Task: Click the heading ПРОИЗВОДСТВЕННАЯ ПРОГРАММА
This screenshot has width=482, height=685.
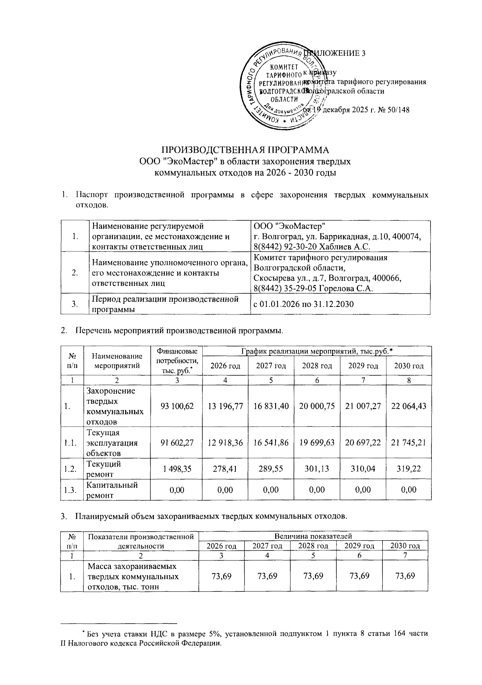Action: click(x=245, y=150)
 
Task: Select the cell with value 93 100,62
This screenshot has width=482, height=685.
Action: click(x=177, y=406)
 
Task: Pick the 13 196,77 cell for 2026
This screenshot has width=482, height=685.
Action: click(x=225, y=406)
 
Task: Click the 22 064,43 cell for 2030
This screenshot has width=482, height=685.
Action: click(x=408, y=406)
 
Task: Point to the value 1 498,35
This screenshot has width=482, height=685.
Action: click(x=177, y=468)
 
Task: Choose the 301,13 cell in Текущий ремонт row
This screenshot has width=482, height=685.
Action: click(x=317, y=468)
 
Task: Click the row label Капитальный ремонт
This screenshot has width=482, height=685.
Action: click(x=112, y=490)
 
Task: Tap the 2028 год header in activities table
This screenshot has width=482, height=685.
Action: click(x=317, y=366)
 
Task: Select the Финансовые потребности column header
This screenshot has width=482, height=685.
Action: click(x=177, y=361)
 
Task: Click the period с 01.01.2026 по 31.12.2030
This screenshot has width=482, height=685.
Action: click(x=303, y=304)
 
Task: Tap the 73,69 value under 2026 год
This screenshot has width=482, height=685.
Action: click(x=221, y=576)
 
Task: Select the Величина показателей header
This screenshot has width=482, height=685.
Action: click(x=313, y=536)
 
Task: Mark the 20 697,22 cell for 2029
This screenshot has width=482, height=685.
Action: click(x=363, y=443)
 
